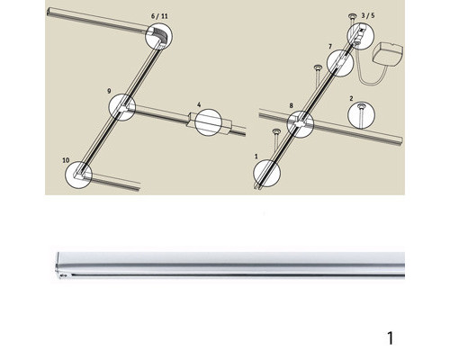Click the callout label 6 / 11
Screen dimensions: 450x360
pyautogui.click(x=159, y=16)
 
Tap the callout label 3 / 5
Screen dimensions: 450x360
pyautogui.click(x=368, y=15)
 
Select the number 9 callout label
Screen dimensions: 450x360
pyautogui.click(x=109, y=91)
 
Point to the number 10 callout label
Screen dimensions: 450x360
pyautogui.click(x=66, y=160)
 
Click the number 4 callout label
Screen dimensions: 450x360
pyautogui.click(x=199, y=104)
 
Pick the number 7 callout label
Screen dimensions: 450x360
pyautogui.click(x=330, y=47)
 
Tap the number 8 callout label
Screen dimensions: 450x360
pyautogui.click(x=291, y=105)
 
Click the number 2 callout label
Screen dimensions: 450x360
pyautogui.click(x=351, y=98)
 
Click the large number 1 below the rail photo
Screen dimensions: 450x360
pyautogui.click(x=390, y=338)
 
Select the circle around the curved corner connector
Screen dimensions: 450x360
pyautogui.click(x=146, y=36)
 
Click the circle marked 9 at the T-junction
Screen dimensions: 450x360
pyautogui.click(x=109, y=107)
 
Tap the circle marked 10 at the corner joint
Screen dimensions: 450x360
pyautogui.click(x=66, y=175)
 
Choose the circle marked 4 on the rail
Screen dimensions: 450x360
pyautogui.click(x=195, y=122)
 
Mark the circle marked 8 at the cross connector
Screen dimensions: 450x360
pyautogui.click(x=287, y=124)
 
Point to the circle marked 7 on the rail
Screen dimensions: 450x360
pyautogui.click(x=327, y=63)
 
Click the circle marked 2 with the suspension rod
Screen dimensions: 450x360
pyautogui.click(x=348, y=115)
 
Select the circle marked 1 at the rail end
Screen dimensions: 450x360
pyautogui.click(x=254, y=173)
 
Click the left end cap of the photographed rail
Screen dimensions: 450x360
pyautogui.click(x=58, y=265)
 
